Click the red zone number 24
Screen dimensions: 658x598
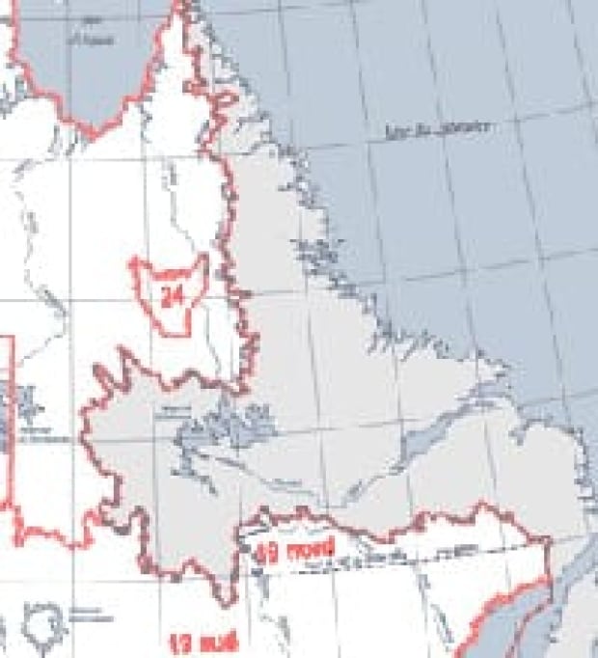point(174,296)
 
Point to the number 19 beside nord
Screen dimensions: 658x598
point(266,554)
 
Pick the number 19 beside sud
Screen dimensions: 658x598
point(180,643)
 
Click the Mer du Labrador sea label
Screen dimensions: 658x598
point(435,128)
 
